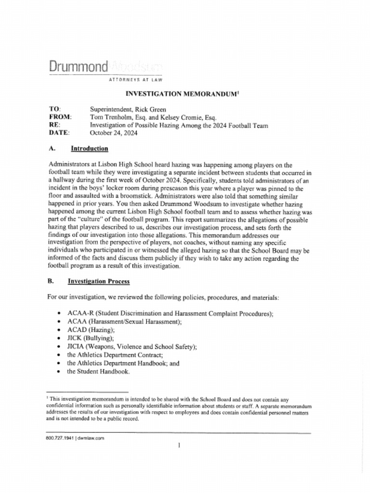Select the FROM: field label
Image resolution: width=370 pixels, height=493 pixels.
60,117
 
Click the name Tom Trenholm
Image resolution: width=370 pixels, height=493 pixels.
111,117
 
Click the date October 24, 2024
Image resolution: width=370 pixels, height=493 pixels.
113,133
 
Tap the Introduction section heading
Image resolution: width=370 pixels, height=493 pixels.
89,148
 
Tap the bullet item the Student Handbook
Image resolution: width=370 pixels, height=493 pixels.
98,372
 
